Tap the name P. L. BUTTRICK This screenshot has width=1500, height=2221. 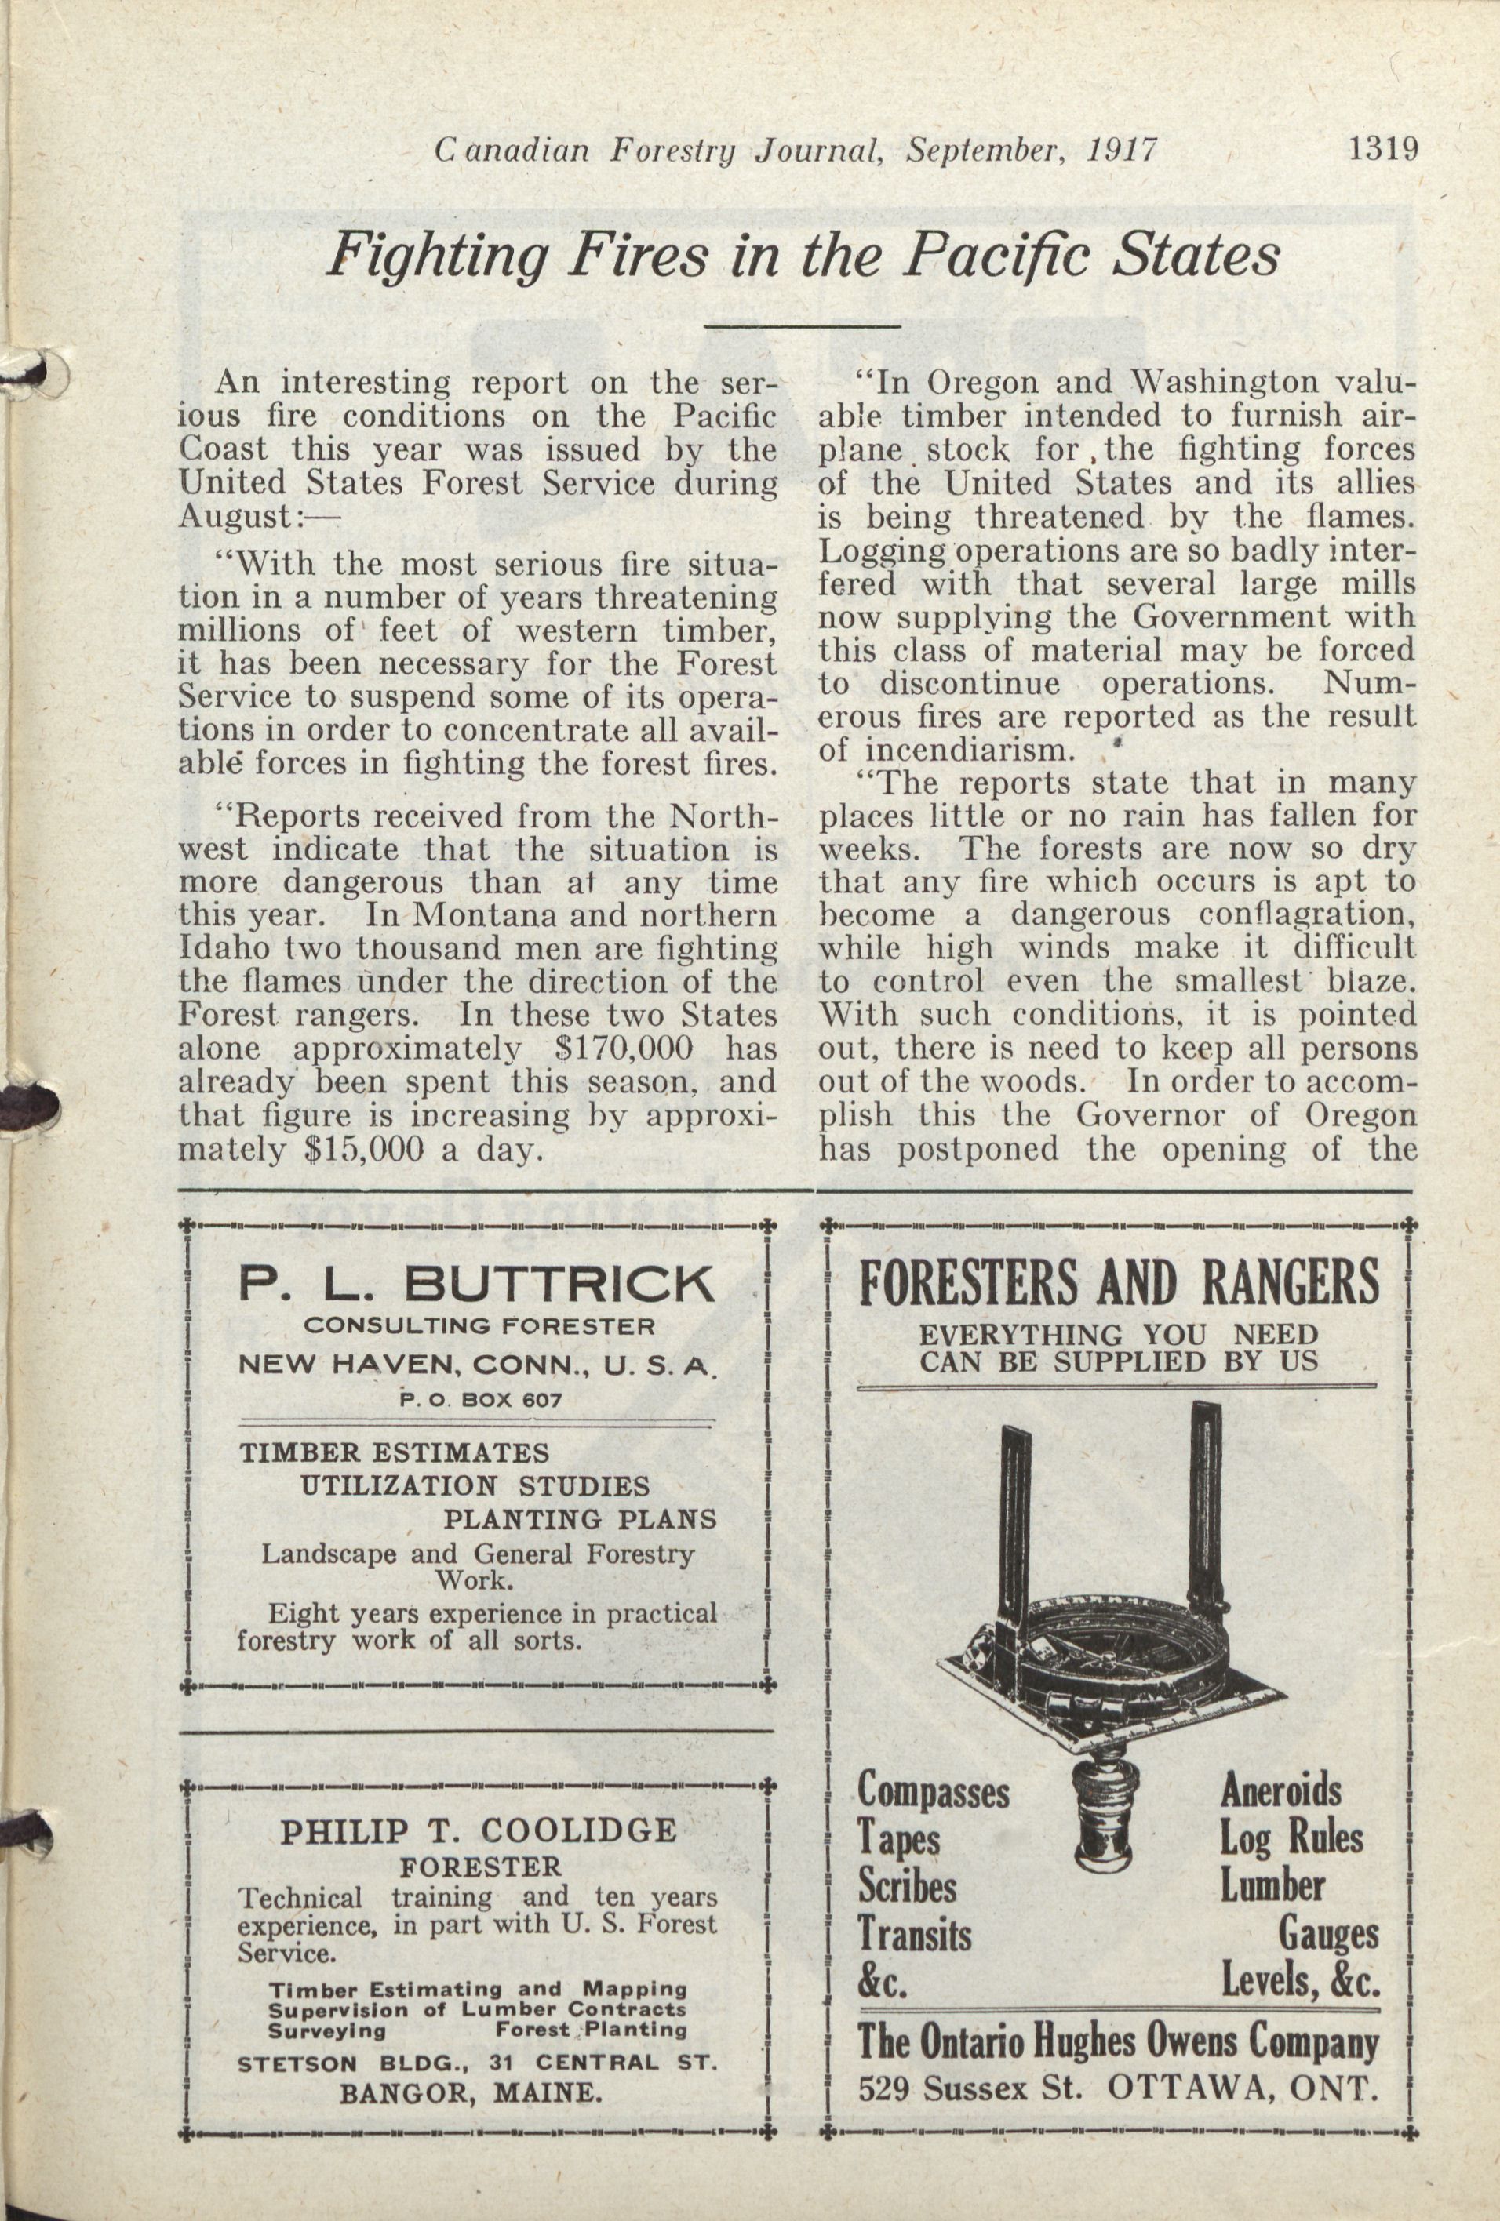point(476,1284)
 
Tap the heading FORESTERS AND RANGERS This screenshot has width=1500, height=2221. point(1119,1281)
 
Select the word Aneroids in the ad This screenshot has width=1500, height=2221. point(1280,1790)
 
